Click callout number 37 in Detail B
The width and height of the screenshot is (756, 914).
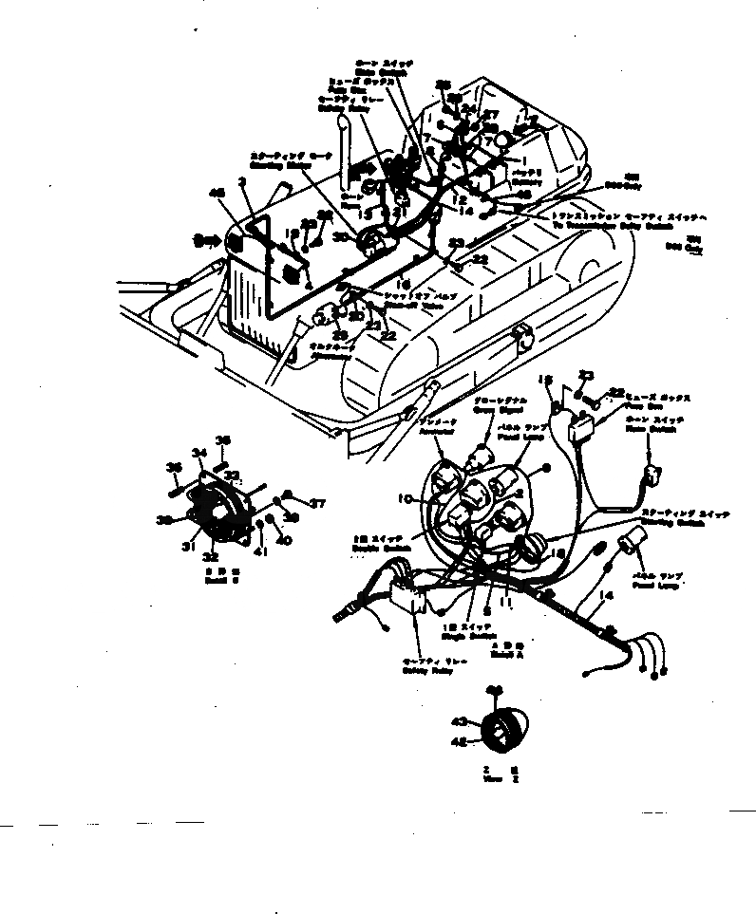coord(319,504)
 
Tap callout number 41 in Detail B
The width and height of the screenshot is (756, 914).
coord(257,550)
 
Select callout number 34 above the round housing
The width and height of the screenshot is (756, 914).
coord(199,452)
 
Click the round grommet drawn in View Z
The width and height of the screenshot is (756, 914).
coord(502,731)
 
